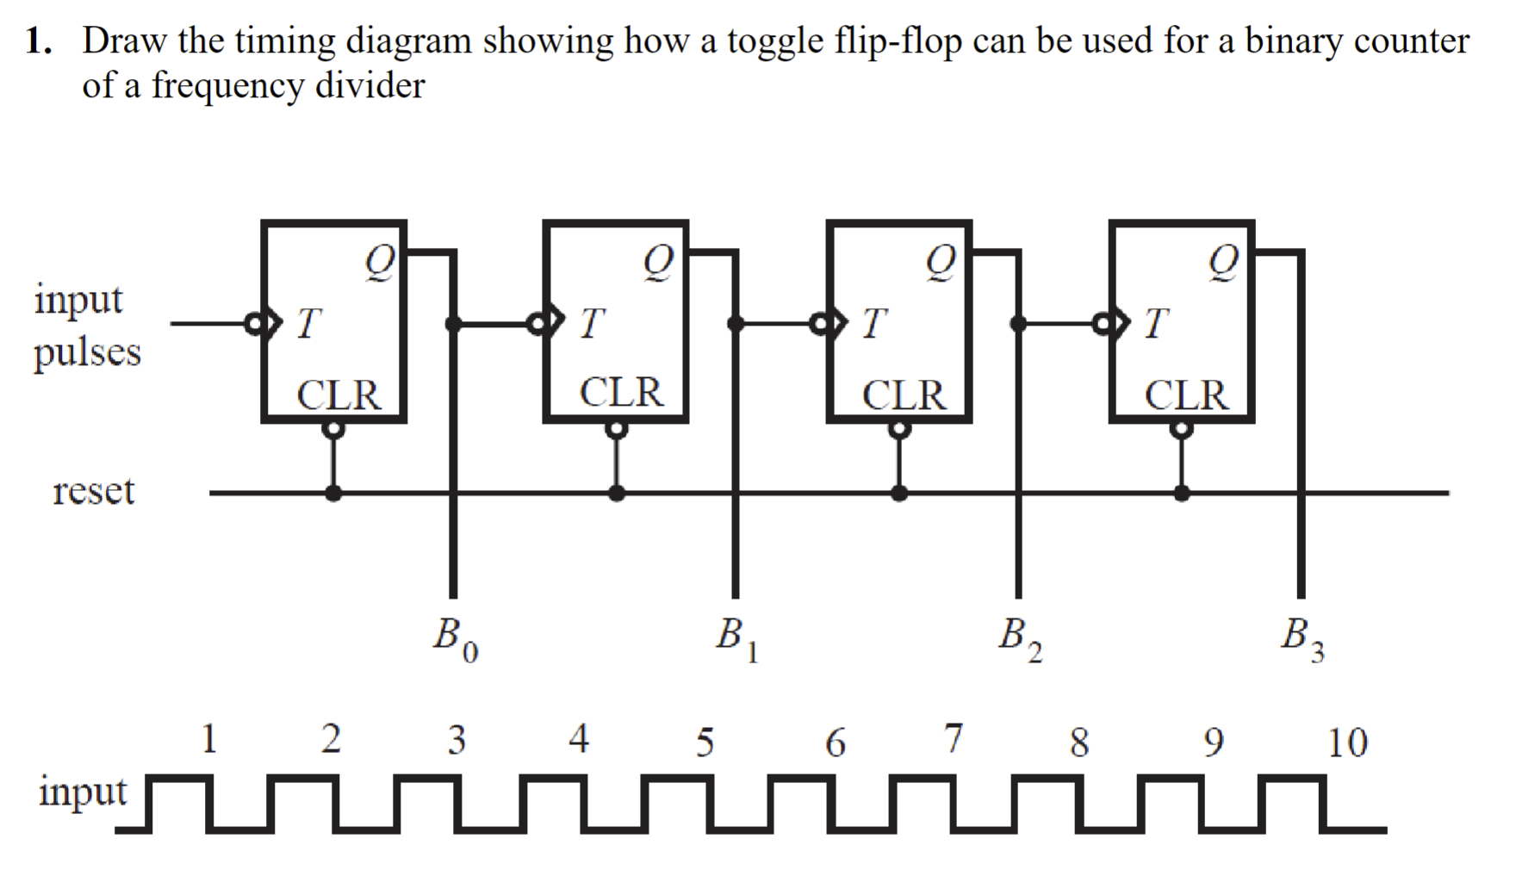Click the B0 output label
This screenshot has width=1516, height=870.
coord(456,638)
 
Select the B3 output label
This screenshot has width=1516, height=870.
coord(1302,638)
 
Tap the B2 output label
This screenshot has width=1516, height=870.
coord(1020,638)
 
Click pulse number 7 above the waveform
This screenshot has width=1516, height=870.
coord(953,738)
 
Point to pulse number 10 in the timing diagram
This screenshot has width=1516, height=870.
coord(1347,743)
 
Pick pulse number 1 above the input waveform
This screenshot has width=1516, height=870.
coord(208,739)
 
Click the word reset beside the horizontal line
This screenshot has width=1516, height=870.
coord(94,491)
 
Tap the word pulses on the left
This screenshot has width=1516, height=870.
coord(87,352)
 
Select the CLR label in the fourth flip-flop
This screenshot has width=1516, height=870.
coord(1186,395)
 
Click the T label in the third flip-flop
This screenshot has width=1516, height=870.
coord(873,325)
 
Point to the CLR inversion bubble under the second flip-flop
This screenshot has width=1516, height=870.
coord(616,429)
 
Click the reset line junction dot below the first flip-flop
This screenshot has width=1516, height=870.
coord(333,494)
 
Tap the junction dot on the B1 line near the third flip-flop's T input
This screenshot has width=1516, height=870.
coord(736,324)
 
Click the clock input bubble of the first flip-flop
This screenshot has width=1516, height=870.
coord(256,324)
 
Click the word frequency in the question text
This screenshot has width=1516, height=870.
coord(228,86)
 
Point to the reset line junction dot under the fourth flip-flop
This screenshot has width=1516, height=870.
coord(1182,494)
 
